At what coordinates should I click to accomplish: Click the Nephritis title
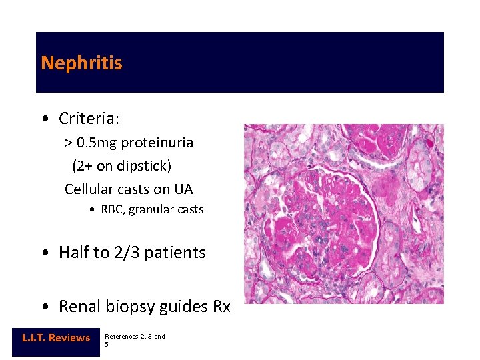[81, 63]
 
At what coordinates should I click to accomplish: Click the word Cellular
[89, 189]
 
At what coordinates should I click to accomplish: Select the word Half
[73, 253]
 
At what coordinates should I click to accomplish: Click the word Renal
[79, 307]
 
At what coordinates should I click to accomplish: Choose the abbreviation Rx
[221, 307]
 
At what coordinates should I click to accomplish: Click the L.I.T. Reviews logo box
[56, 338]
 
